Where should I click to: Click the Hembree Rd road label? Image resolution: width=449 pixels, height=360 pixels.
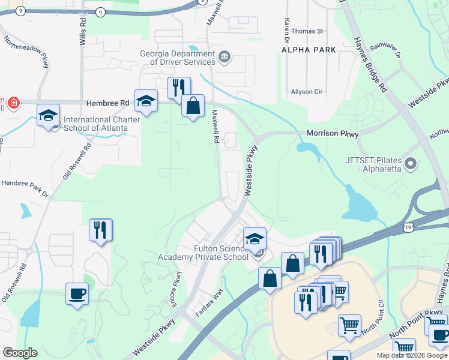[108, 103]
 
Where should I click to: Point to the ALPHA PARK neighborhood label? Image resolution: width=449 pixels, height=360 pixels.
[309, 50]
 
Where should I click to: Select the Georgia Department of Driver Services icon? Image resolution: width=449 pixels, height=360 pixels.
[224, 58]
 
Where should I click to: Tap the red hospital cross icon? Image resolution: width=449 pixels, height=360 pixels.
[14, 103]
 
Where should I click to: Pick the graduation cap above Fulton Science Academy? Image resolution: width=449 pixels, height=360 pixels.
[255, 239]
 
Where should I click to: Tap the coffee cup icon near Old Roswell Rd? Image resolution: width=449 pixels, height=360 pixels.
[77, 294]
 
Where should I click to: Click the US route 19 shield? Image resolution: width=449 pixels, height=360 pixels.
[408, 227]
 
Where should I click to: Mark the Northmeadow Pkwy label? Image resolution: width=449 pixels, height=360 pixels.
[26, 52]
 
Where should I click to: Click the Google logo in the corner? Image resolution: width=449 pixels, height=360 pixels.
[19, 353]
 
